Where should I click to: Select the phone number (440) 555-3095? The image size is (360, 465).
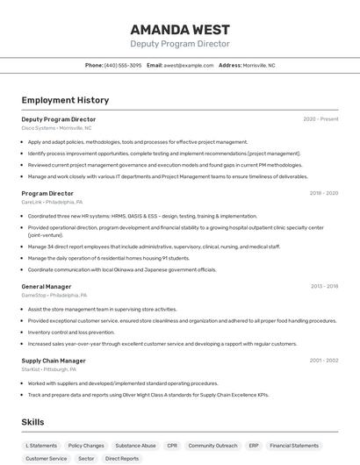pos(123,65)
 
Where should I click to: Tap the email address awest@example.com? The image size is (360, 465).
pos(188,65)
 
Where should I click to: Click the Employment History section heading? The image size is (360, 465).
pos(65,100)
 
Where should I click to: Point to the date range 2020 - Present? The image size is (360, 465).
pos(320,119)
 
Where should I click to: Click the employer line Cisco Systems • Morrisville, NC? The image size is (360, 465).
pos(56,128)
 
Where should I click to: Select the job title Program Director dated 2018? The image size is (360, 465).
pos(47,193)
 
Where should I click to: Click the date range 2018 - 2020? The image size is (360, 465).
pos(323,193)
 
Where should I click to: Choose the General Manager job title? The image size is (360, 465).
pos(47,286)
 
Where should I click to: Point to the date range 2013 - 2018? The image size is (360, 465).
pos(323,286)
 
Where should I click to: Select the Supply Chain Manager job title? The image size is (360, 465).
pos(54,361)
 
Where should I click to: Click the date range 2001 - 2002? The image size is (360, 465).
pos(323,361)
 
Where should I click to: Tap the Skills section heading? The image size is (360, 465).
pos(32,422)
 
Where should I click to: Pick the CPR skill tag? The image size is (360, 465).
pos(172,446)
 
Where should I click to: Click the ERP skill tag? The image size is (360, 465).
pos(254,446)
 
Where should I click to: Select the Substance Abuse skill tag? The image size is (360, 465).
pos(135,446)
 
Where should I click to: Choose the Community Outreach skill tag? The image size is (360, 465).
pos(212,446)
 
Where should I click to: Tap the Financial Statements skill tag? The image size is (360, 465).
pos(294,446)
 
